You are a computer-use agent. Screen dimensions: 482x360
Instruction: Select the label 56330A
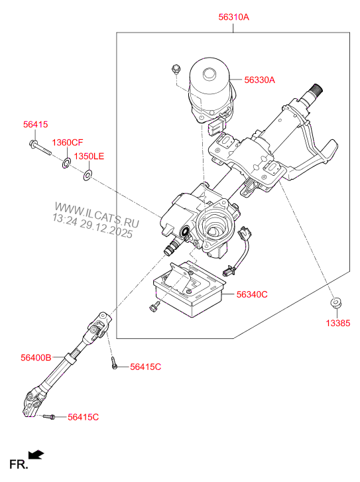coord(259,80)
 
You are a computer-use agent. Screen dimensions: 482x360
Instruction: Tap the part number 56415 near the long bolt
coord(36,125)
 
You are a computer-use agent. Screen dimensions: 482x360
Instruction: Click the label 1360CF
coord(68,143)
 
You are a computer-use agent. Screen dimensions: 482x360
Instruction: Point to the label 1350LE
coord(89,156)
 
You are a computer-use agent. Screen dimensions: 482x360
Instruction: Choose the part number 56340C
coord(252,294)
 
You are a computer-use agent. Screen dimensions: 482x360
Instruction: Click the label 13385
coord(335,324)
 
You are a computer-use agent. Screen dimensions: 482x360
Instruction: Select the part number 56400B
coord(36,357)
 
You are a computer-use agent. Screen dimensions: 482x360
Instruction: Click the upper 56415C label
coord(146,367)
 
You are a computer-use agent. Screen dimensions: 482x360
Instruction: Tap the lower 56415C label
coord(83,417)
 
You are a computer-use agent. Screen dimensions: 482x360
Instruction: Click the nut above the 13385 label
coord(335,304)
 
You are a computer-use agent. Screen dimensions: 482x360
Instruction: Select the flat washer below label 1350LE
coord(88,175)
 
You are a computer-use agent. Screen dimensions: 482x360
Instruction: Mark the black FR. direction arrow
coord(37,455)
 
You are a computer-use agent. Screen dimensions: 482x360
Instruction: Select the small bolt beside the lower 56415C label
coord(49,417)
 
